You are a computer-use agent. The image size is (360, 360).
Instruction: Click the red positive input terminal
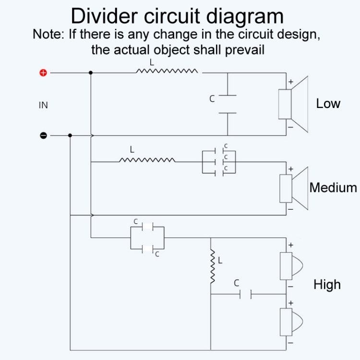pos(43,73)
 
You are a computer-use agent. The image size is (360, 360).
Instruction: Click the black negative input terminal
pos(43,135)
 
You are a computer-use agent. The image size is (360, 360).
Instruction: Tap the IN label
pos(43,105)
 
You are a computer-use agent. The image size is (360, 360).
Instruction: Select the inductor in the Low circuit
pos(167,71)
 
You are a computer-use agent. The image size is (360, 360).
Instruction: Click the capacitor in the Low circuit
pos(227,104)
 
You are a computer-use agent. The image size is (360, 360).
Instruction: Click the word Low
pos(328,103)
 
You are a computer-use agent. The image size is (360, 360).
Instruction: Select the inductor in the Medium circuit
pos(147,159)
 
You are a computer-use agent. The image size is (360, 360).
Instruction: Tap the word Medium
pos(333,187)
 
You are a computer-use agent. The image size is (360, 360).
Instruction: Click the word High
pos(327,285)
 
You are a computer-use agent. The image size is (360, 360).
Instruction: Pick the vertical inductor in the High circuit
pos(211,266)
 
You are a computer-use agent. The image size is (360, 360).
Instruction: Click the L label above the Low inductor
pos(152,63)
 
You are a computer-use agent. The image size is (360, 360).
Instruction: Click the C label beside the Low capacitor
pos(212,99)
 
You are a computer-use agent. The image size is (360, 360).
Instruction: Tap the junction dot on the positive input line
pos(91,73)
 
